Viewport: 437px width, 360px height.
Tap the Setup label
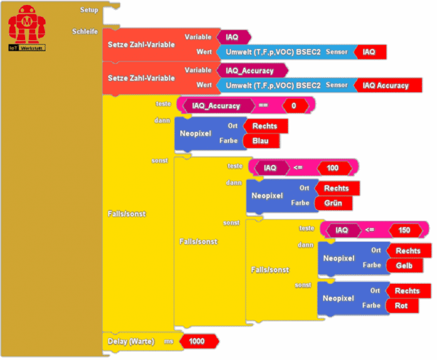click(89, 10)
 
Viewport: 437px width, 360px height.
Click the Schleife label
click(85, 31)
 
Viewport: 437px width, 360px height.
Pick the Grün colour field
click(333, 203)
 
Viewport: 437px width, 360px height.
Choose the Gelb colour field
click(404, 266)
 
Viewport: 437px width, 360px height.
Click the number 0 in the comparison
click(294, 106)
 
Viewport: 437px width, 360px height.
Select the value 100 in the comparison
click(333, 168)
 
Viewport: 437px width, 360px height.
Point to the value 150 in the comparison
click(404, 230)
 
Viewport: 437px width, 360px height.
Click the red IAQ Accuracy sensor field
click(385, 85)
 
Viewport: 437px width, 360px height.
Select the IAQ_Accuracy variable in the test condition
click(216, 106)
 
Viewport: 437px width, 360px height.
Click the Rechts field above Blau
click(264, 126)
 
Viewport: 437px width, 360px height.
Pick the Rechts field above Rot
click(407, 291)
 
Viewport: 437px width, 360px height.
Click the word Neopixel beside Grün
click(267, 196)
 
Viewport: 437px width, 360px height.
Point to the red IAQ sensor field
click(369, 52)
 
